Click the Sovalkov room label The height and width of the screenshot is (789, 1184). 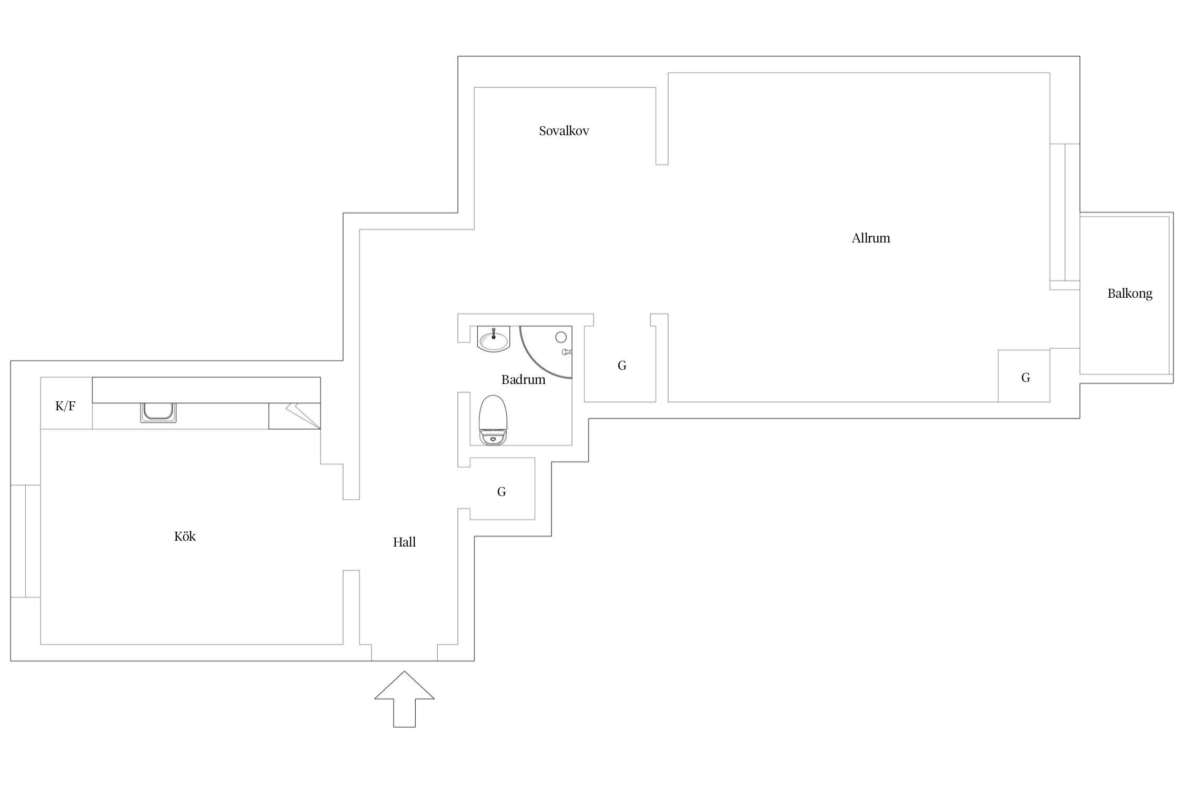tap(564, 131)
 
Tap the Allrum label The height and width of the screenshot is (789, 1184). tap(871, 238)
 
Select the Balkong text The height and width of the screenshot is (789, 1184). tap(1130, 294)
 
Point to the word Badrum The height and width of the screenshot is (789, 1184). tap(523, 380)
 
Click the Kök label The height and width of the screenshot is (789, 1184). tap(185, 537)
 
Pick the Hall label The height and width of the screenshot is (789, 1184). tap(404, 542)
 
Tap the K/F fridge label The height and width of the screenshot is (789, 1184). tap(65, 406)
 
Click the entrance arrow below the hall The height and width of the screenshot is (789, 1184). tap(404, 699)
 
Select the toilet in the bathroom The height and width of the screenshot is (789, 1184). tap(493, 420)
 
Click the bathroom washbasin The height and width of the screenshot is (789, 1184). tap(494, 338)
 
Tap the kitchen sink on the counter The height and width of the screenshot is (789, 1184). tap(158, 412)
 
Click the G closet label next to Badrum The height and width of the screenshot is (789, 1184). tap(622, 366)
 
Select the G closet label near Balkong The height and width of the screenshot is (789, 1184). tap(1026, 378)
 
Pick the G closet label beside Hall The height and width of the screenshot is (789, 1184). tap(501, 492)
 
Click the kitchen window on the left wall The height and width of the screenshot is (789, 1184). tap(25, 541)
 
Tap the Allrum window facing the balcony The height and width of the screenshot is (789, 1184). tap(1065, 216)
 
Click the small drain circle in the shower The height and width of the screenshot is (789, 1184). tap(561, 337)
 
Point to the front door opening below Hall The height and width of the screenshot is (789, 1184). tap(404, 653)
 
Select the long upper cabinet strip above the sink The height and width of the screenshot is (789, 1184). tap(206, 390)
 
